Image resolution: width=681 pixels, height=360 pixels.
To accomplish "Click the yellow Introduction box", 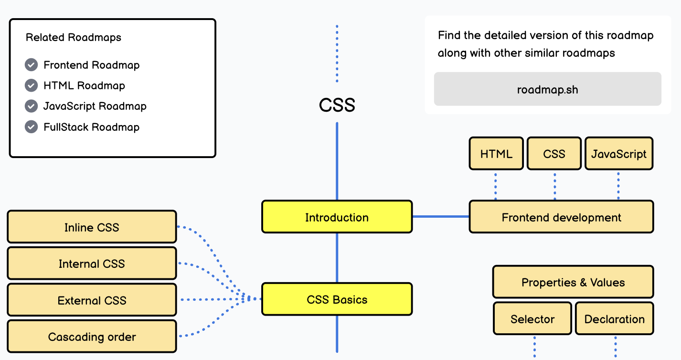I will (337, 217).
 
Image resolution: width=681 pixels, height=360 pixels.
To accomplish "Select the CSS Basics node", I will (337, 299).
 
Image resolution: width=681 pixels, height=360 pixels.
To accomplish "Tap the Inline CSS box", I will (92, 227).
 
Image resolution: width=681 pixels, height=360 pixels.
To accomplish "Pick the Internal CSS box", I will (92, 264).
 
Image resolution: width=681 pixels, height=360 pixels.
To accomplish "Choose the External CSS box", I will (92, 300).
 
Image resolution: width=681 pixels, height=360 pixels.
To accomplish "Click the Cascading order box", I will (92, 337).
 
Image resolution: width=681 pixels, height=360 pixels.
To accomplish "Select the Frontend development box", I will (561, 217).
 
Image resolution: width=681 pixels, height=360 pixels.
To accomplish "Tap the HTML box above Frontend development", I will (496, 154).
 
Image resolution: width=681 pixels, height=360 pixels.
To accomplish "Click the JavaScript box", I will (618, 154).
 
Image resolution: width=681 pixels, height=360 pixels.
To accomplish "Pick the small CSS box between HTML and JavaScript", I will (554, 154).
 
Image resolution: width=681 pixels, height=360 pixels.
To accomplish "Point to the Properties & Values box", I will (573, 282).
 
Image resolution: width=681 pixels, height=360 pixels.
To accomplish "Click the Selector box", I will (532, 318).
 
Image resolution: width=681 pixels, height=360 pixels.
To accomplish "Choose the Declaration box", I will (614, 318).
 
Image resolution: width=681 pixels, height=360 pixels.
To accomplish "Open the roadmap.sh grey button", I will (547, 89).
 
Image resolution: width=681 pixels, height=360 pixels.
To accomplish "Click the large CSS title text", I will (337, 105).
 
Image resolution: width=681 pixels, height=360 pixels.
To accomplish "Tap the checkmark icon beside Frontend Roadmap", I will (31, 65).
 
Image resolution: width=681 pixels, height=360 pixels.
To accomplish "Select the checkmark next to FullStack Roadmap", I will (31, 127).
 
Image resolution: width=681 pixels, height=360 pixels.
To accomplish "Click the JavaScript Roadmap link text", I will (95, 106).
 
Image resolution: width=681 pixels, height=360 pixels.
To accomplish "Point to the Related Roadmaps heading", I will (74, 37).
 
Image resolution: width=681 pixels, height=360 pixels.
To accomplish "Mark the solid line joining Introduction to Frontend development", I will (440, 217).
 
